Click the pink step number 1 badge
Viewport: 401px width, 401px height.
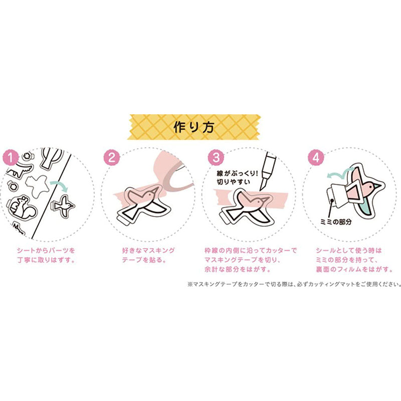pyautogui.click(x=11, y=157)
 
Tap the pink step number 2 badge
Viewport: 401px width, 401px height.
pyautogui.click(x=111, y=157)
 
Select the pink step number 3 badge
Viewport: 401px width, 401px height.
pyautogui.click(x=216, y=157)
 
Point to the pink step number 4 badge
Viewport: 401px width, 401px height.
pyautogui.click(x=316, y=157)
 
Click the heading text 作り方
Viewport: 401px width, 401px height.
pyautogui.click(x=193, y=127)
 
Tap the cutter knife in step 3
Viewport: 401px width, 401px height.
pyautogui.click(x=267, y=170)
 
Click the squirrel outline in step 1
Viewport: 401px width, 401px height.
pyautogui.click(x=22, y=208)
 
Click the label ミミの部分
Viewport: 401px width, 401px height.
pyautogui.click(x=336, y=222)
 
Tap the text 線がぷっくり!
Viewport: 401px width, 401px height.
pyautogui.click(x=237, y=173)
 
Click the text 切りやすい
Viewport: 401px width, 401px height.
pyautogui.click(x=233, y=182)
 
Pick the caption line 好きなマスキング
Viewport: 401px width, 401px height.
pyautogui.click(x=148, y=250)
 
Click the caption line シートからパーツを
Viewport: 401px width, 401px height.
pyautogui.click(x=46, y=250)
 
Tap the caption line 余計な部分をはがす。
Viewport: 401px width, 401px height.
pyautogui.click(x=237, y=269)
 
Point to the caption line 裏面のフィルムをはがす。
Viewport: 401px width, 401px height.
pyautogui.click(x=354, y=269)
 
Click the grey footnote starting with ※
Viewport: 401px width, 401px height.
pyautogui.click(x=294, y=284)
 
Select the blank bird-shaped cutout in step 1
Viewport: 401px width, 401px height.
pyautogui.click(x=37, y=186)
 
